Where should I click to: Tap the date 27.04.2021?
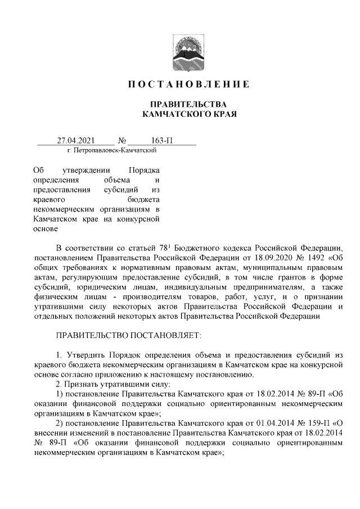click(x=74, y=140)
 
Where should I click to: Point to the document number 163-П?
click(x=161, y=140)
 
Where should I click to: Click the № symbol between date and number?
click(x=121, y=140)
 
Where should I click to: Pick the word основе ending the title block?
click(x=47, y=229)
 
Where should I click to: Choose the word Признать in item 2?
click(x=84, y=385)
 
